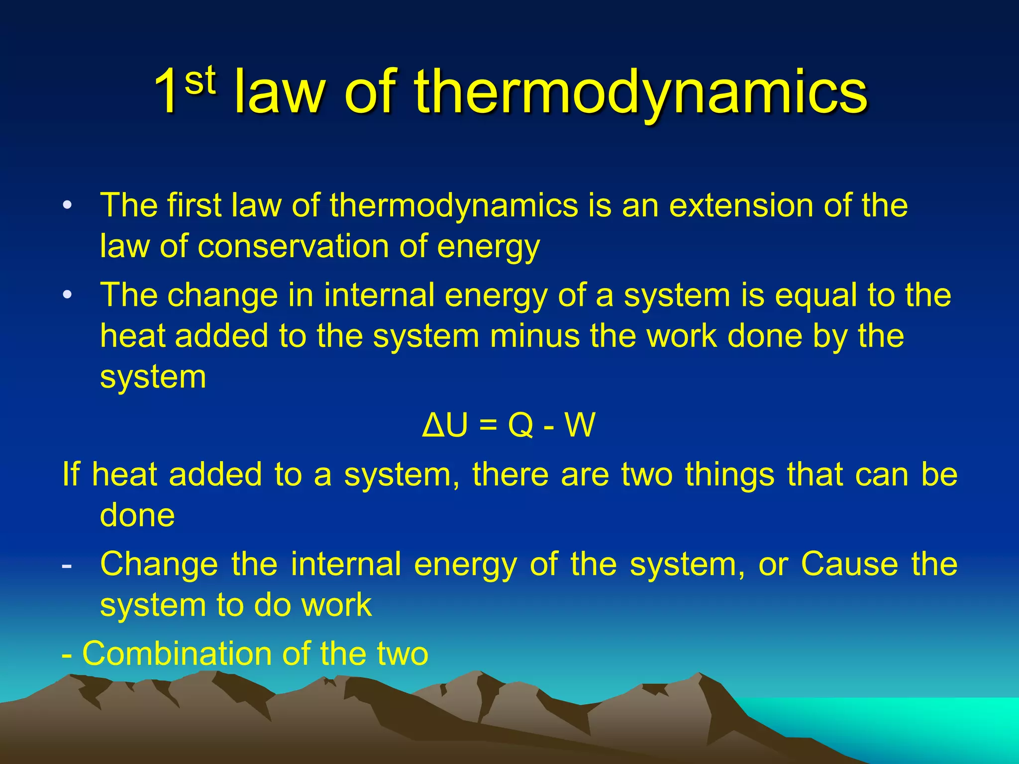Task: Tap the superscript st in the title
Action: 200,80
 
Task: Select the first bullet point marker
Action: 67,205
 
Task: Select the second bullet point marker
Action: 67,295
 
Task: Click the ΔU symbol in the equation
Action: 445,425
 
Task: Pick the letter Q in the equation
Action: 520,425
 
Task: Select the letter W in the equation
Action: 580,425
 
